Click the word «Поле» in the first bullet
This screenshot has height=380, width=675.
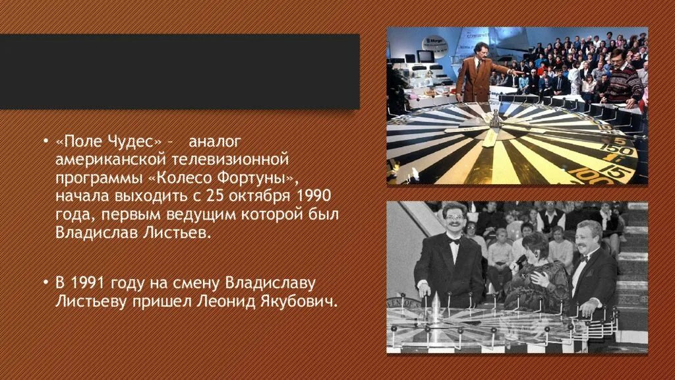(x=83, y=142)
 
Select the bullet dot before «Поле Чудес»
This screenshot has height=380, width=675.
(x=45, y=142)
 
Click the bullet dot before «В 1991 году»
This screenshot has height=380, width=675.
(x=45, y=283)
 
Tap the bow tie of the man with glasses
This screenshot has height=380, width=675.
(x=454, y=241)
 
